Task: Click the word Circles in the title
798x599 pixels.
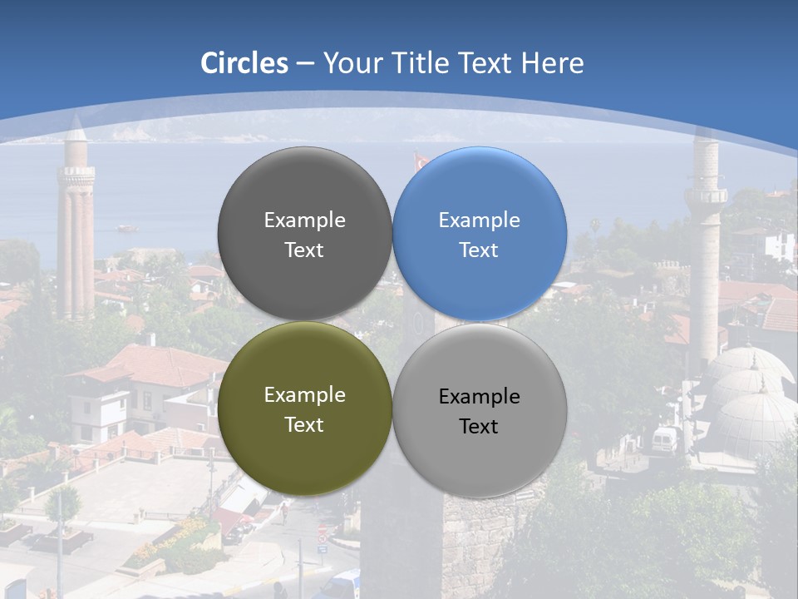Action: click(x=244, y=63)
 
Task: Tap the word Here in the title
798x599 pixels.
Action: click(x=552, y=63)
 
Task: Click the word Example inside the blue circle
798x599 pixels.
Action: click(x=479, y=220)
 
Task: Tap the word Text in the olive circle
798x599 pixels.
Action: click(x=304, y=424)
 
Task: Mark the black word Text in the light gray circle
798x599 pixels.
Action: click(x=479, y=426)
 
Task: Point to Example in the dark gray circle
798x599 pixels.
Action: click(x=304, y=220)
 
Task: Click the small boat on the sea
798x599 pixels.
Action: click(x=126, y=227)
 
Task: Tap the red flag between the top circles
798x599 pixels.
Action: click(x=421, y=159)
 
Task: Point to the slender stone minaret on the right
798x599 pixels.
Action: click(x=706, y=266)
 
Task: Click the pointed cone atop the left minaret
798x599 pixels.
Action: click(x=76, y=128)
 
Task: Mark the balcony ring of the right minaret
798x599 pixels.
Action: click(x=706, y=196)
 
